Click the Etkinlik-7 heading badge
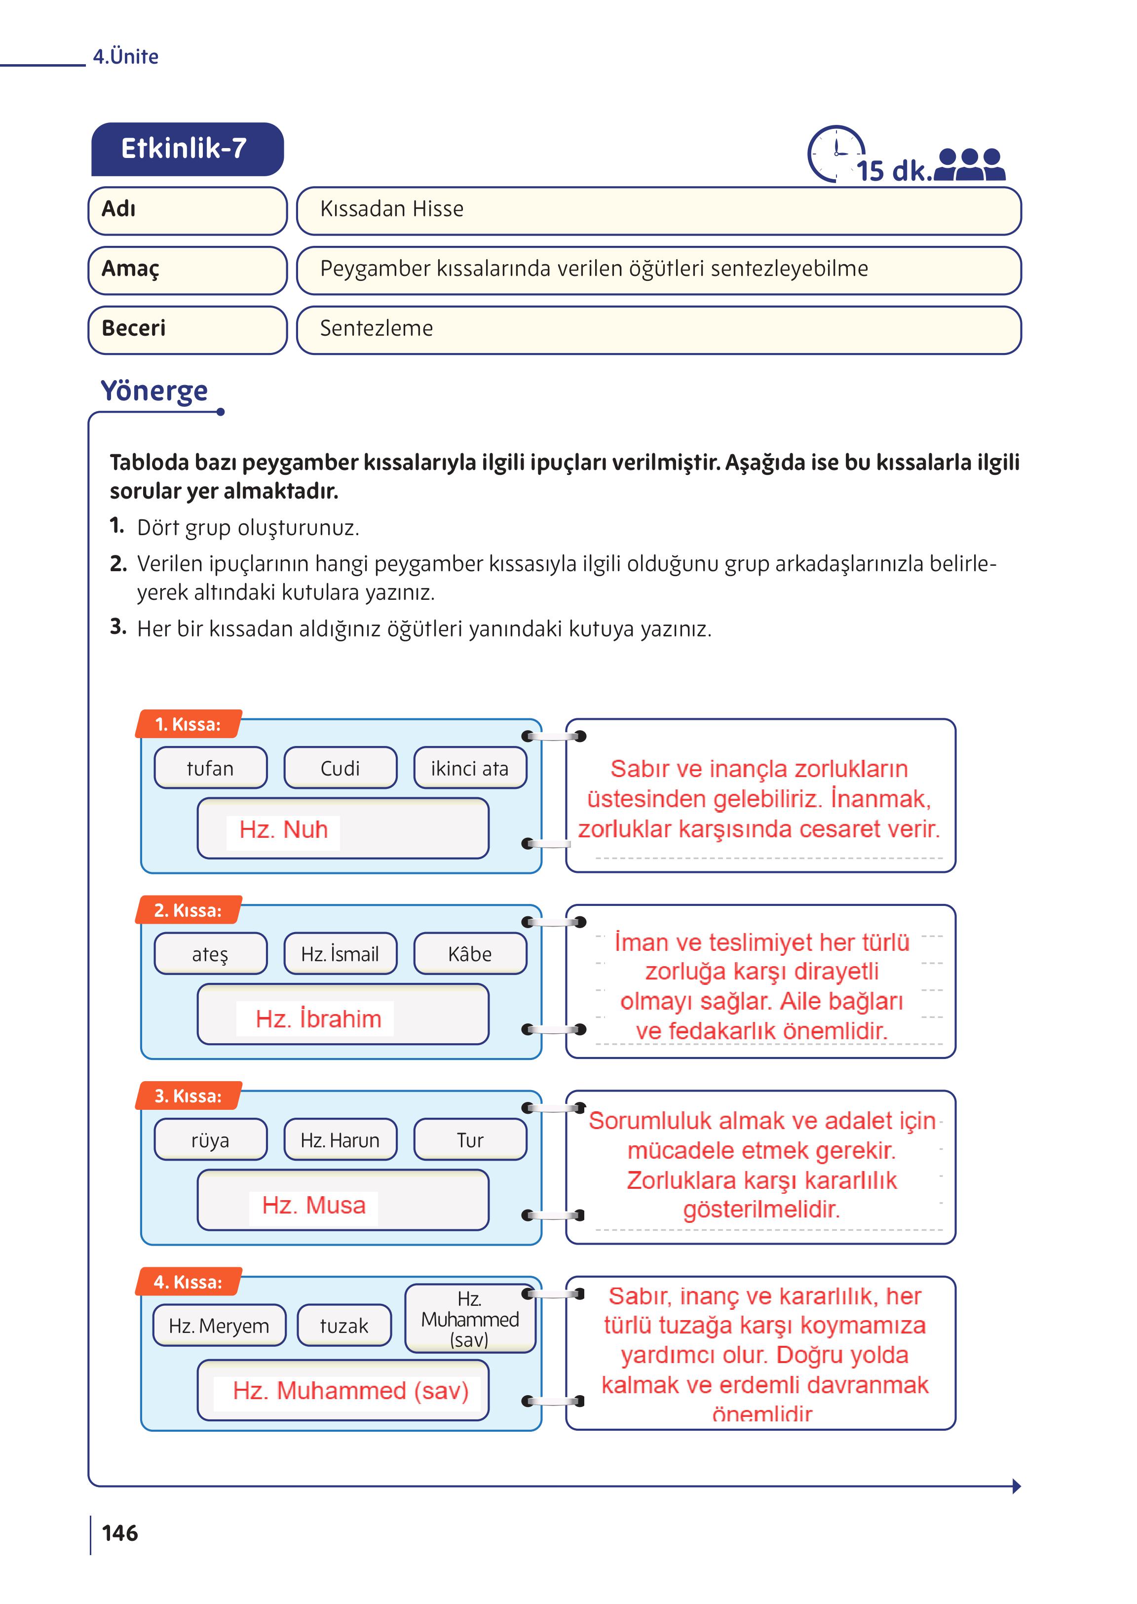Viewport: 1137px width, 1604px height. [x=187, y=149]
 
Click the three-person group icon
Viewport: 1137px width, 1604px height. [x=970, y=165]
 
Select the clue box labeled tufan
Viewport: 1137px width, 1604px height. [x=210, y=768]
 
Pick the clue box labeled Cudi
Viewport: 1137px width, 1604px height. [x=340, y=768]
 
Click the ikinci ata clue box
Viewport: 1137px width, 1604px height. [x=470, y=768]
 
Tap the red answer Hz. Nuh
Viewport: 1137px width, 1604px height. [x=284, y=830]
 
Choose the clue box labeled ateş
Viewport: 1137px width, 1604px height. [x=210, y=954]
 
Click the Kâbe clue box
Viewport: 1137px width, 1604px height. [x=470, y=954]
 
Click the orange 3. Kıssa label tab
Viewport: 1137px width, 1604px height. [x=188, y=1096]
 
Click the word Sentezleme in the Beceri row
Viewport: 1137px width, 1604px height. [x=376, y=328]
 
